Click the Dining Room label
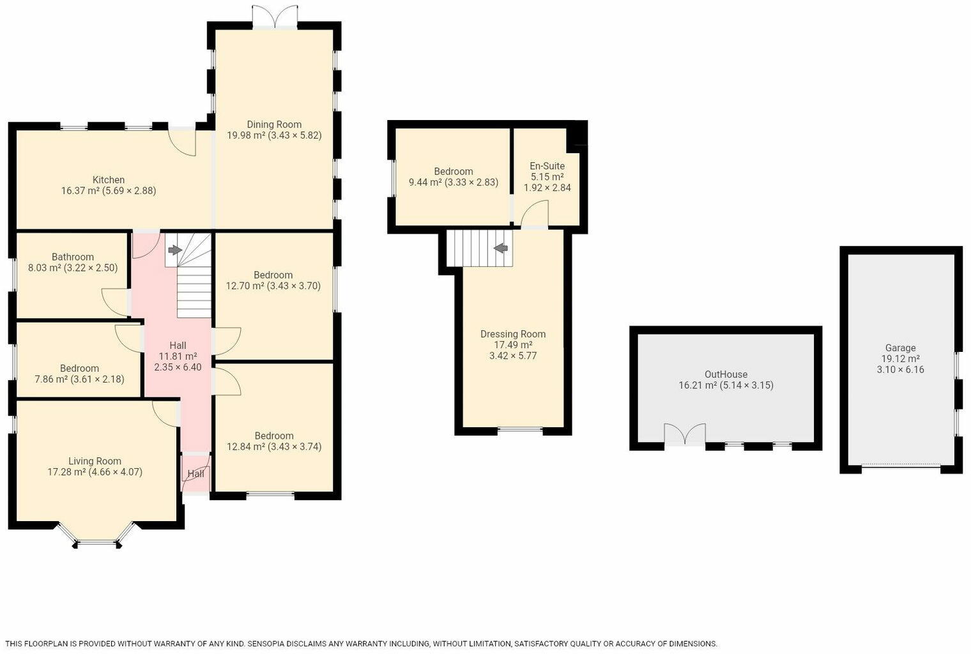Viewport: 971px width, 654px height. tap(274, 125)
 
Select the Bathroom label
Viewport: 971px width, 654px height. tap(73, 257)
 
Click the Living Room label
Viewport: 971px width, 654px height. tap(95, 461)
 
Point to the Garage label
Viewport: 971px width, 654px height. tap(900, 348)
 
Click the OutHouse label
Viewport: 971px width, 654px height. tap(726, 374)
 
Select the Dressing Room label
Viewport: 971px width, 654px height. tap(513, 334)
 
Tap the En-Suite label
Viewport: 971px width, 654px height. tap(547, 166)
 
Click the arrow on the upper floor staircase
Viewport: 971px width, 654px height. tap(500, 247)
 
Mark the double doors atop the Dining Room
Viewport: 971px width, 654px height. tap(275, 17)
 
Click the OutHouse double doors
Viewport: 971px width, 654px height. tap(685, 434)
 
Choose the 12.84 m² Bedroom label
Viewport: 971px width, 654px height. tap(274, 436)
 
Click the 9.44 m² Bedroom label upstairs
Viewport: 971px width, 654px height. tap(454, 171)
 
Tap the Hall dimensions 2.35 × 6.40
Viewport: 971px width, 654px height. tap(178, 367)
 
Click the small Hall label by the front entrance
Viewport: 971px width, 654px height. tap(195, 474)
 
